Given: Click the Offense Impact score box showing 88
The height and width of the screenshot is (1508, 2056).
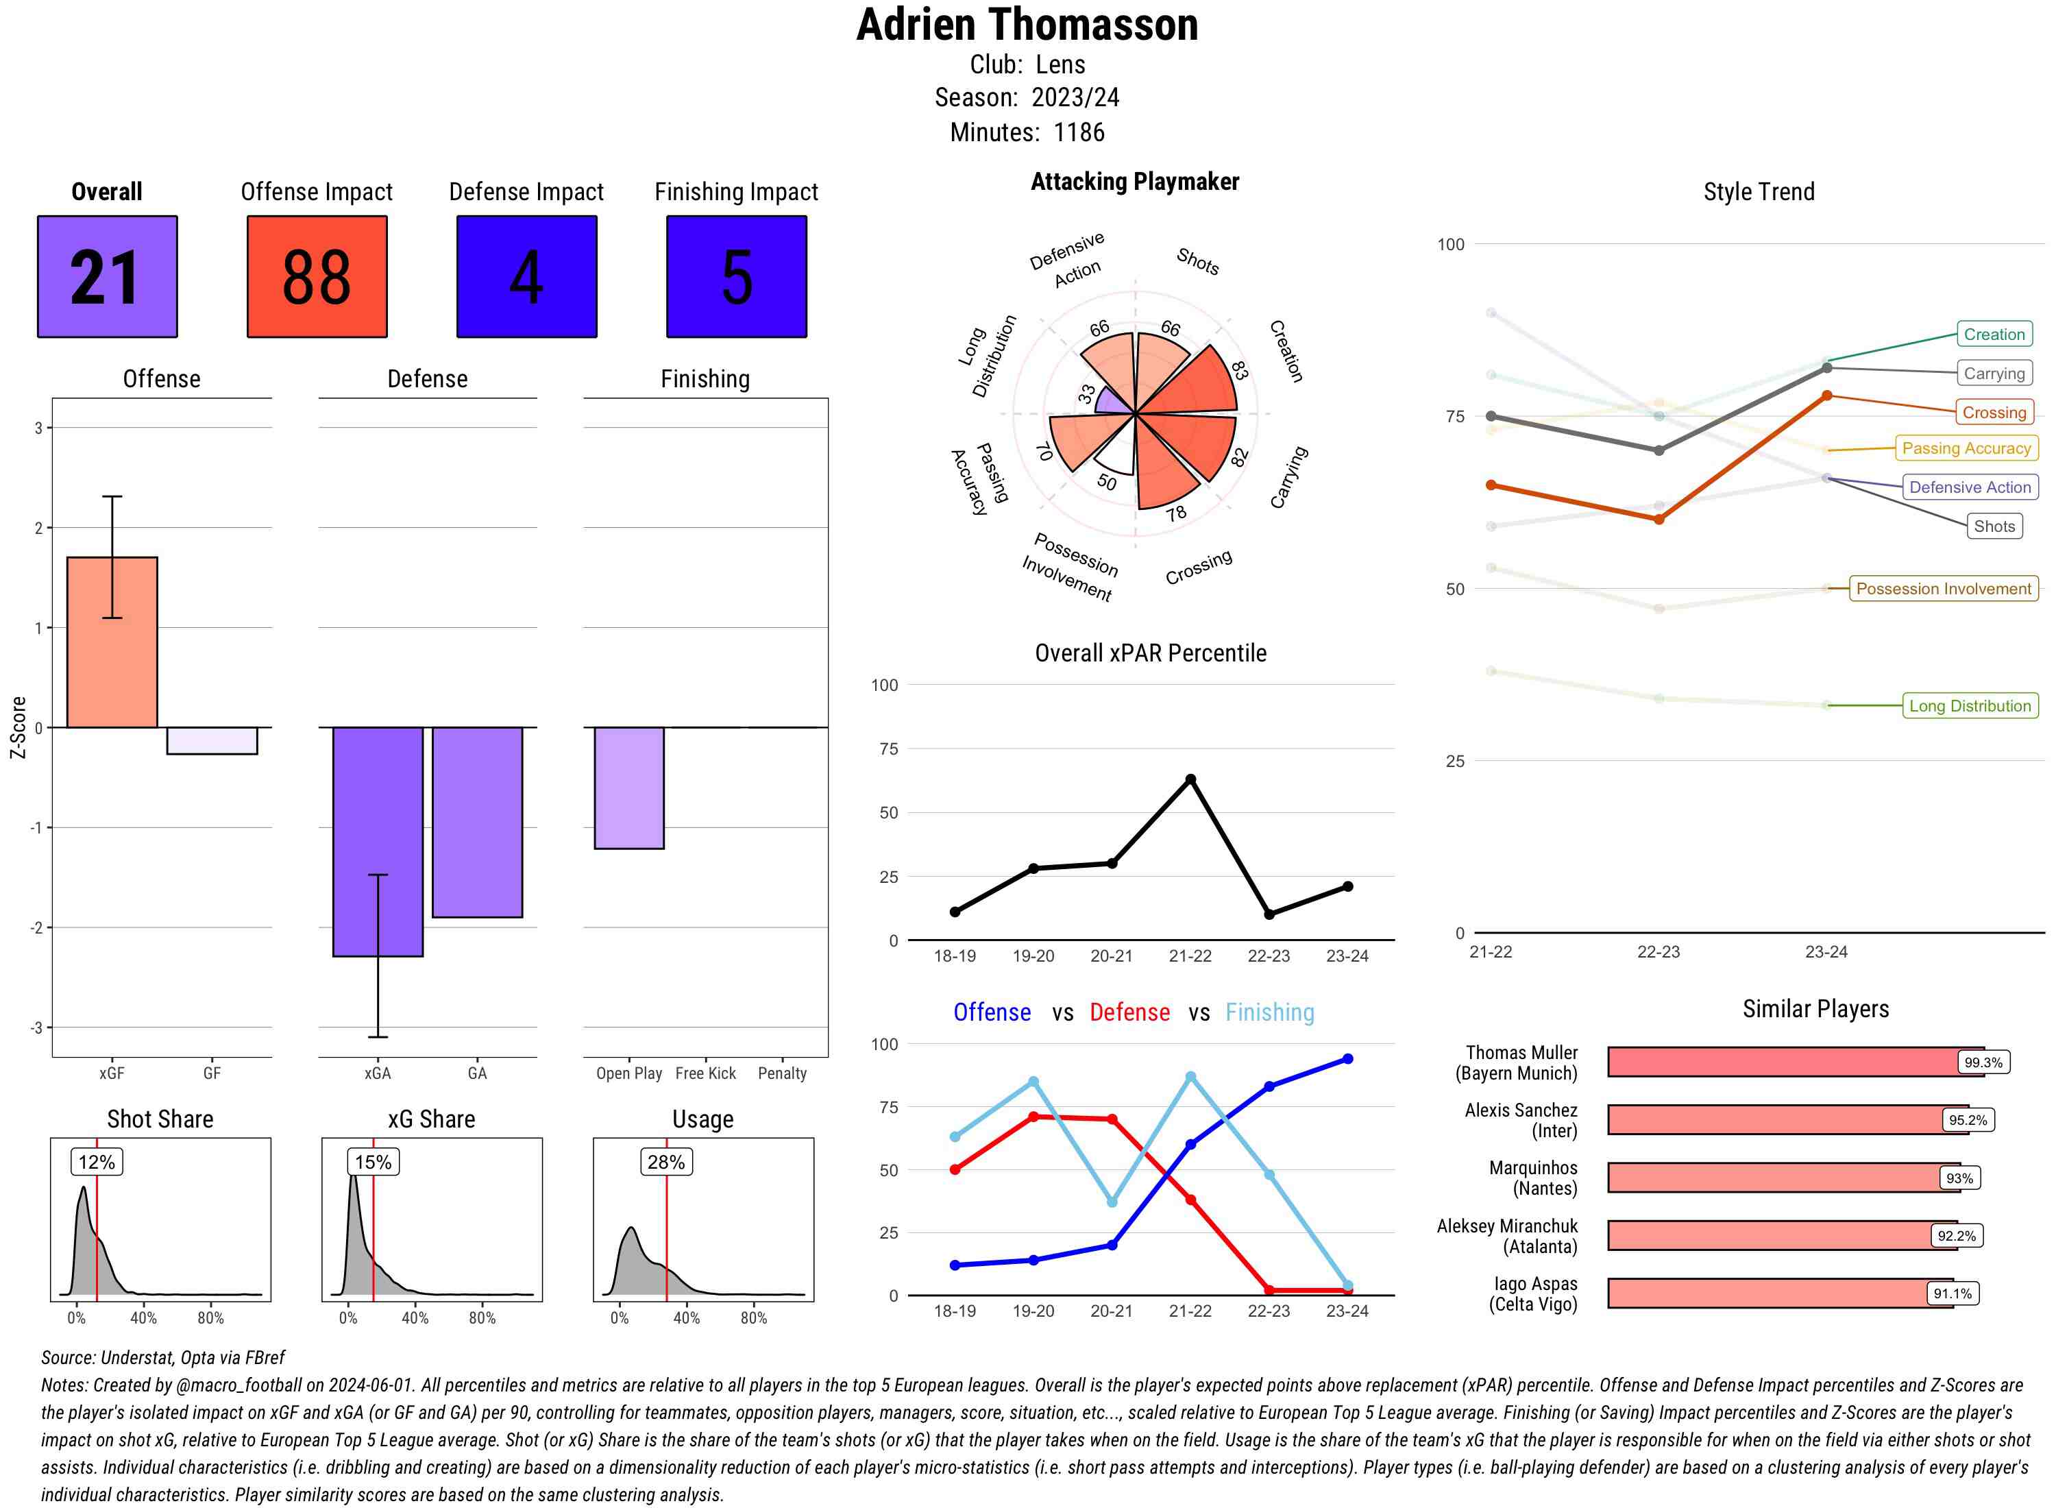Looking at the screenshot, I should pyautogui.click(x=317, y=277).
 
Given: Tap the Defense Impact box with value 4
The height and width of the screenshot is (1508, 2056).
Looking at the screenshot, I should pyautogui.click(x=526, y=277).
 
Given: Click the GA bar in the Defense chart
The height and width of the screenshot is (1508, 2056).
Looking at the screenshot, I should pyautogui.click(x=477, y=822).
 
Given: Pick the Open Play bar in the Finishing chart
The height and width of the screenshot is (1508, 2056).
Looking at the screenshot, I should pyautogui.click(x=628, y=788).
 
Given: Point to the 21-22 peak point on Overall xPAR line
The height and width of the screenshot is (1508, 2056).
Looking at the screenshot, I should pyautogui.click(x=1190, y=779).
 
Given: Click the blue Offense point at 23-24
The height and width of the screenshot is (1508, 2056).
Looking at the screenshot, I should pyautogui.click(x=1347, y=1059).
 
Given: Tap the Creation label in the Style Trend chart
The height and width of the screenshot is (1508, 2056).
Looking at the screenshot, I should pyautogui.click(x=1994, y=334).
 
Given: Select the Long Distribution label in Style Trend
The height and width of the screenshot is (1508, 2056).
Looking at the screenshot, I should pyautogui.click(x=1970, y=705).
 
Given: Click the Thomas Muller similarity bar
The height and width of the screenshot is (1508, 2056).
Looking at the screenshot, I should pyautogui.click(x=1780, y=1062).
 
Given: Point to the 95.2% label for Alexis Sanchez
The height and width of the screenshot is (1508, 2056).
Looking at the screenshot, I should pyautogui.click(x=1968, y=1120).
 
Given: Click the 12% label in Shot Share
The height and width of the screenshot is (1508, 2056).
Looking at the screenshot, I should pyautogui.click(x=97, y=1162).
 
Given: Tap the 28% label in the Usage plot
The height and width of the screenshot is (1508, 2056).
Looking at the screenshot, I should pyautogui.click(x=666, y=1162).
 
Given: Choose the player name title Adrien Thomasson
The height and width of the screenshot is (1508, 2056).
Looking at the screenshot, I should pyautogui.click(x=1027, y=25).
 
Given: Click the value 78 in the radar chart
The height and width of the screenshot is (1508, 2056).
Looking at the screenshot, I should pyautogui.click(x=1175, y=514).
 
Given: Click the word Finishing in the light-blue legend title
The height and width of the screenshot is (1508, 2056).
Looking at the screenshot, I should pyautogui.click(x=1269, y=1012).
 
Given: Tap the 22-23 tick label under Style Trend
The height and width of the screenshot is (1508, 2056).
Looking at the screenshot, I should pyautogui.click(x=1658, y=952).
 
